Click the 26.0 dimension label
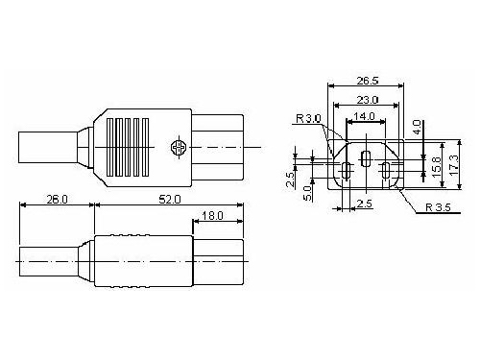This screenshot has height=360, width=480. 58,200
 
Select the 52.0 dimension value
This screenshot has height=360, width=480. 170,200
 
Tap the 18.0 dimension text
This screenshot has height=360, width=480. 212,216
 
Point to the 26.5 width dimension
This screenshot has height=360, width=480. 368,81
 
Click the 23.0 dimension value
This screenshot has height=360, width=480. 368,100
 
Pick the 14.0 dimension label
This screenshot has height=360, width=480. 364,116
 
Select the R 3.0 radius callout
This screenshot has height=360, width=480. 308,118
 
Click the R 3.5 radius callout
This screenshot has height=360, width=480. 438,207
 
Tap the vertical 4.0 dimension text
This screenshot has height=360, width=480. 417,128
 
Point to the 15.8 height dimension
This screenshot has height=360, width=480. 436,164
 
